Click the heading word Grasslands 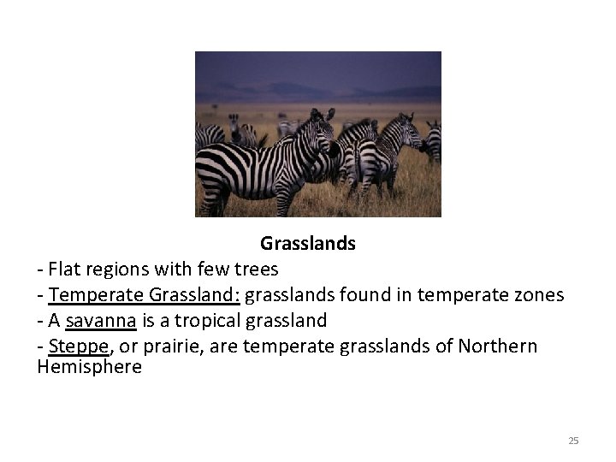click(x=308, y=244)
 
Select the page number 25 click(x=573, y=441)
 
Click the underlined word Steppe click(x=79, y=346)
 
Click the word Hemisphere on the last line click(x=90, y=367)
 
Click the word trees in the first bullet click(x=255, y=269)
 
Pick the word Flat click(x=65, y=269)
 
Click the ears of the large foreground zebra click(x=323, y=114)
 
